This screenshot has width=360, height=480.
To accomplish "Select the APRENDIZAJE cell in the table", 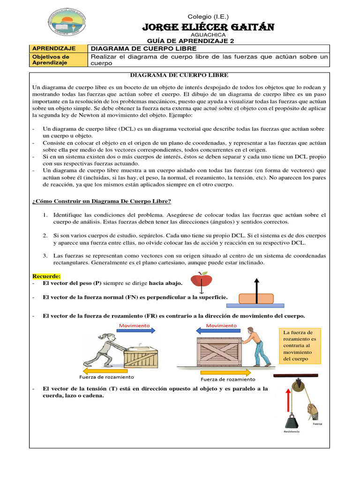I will point(59,48).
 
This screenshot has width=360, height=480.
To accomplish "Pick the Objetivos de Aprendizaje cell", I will point(59,60).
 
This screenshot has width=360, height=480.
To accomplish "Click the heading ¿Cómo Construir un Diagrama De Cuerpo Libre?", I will point(101,201).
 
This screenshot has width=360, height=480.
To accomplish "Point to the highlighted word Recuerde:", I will point(46,276).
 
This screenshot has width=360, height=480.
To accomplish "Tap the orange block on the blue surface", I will point(256,298).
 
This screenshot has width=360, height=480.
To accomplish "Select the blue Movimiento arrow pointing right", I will point(136,330).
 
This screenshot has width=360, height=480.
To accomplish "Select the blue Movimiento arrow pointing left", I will point(221,330).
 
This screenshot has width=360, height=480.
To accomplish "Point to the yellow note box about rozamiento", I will point(300,345).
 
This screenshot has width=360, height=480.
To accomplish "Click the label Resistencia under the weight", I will point(291,431).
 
